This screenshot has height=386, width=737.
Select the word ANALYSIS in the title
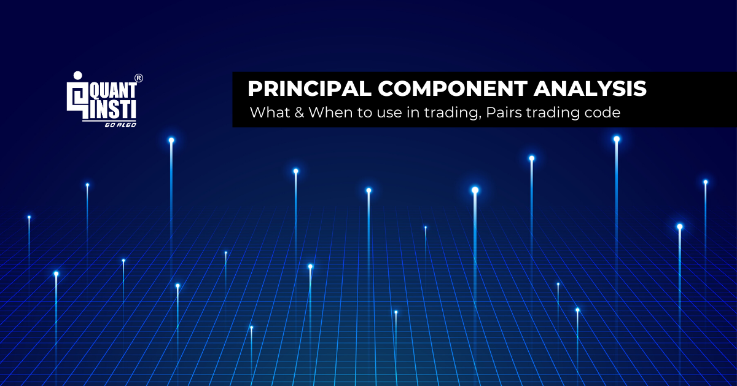click(590, 89)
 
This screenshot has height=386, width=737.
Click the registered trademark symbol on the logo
click(139, 78)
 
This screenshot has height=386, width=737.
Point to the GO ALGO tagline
click(120, 124)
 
